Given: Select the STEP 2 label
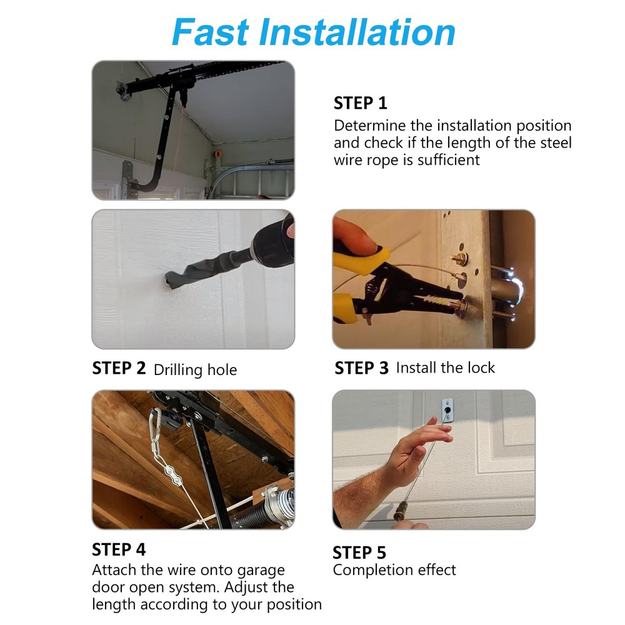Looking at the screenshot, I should click(119, 368).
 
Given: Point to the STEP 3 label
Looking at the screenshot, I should click(361, 368).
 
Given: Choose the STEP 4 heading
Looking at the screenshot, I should click(119, 549).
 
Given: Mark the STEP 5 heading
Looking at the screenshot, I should click(359, 552).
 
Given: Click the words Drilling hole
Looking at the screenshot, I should click(195, 369).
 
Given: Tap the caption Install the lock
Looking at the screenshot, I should click(445, 367).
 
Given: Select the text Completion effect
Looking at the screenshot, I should click(394, 570).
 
